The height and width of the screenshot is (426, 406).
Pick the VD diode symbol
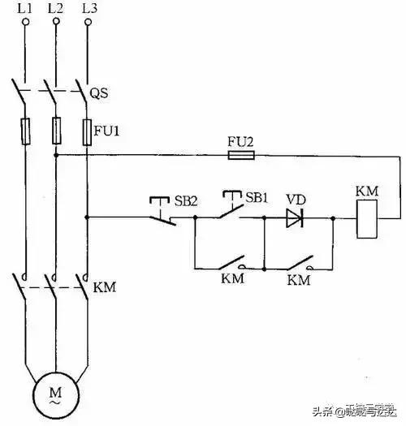(x=295, y=217)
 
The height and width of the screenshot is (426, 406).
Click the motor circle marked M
(x=55, y=398)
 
